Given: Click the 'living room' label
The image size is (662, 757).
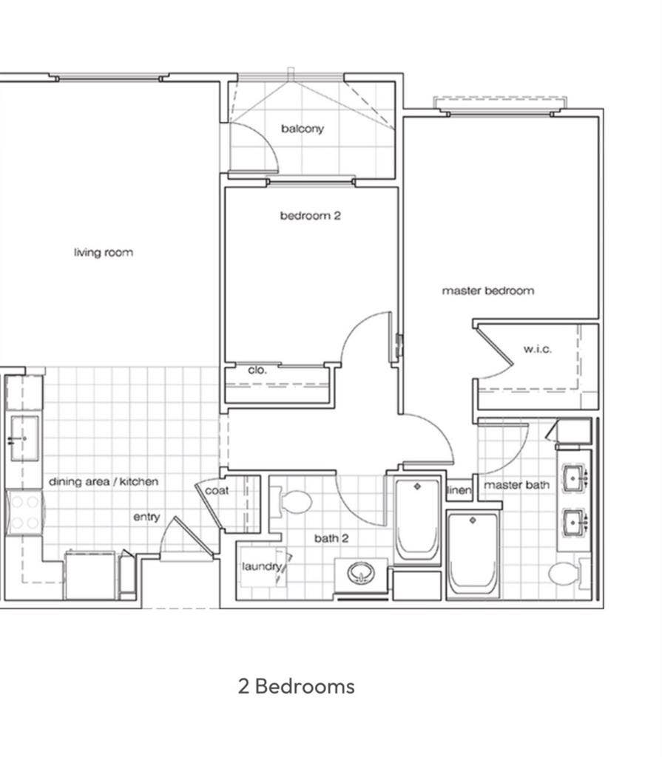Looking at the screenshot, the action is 104,253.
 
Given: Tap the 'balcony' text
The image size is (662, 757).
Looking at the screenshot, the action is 303,129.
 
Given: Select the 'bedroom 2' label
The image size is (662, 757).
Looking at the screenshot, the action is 310,215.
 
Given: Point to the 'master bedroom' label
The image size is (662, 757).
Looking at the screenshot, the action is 488,291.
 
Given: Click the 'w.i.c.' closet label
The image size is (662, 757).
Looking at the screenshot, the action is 537,349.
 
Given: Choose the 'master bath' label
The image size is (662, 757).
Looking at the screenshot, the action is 516,485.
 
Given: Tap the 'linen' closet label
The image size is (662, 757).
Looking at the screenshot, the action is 459,490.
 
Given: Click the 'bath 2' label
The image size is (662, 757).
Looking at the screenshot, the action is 331,538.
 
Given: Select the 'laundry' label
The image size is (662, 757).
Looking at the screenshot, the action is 261,566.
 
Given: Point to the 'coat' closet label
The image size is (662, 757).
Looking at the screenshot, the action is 217,491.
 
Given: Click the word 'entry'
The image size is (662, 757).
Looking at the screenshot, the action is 146,517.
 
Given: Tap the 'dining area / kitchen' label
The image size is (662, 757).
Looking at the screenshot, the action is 104,481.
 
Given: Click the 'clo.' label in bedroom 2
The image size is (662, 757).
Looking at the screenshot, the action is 257,370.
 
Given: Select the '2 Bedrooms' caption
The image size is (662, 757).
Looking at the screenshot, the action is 296,686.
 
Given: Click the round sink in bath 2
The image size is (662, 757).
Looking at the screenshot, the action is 361,573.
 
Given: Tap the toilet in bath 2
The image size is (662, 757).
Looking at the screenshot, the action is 292,502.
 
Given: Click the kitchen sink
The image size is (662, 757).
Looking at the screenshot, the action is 24,438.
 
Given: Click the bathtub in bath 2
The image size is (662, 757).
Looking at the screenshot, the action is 417,520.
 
